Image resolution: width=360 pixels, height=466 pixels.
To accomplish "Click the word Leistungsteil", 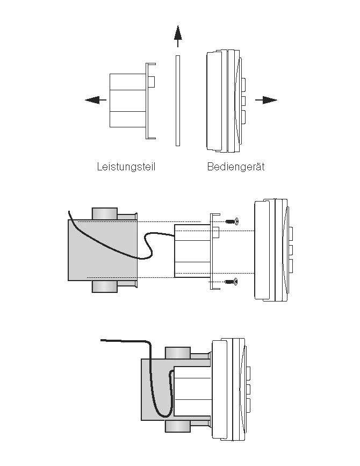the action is coord(126,167).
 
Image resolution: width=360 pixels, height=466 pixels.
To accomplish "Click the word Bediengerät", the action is coord(236,167).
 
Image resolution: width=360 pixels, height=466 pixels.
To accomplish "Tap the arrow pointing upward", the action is coord(178,36).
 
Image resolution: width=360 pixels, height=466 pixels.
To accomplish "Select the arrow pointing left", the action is coord(96,100).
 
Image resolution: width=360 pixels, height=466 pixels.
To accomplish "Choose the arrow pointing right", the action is coord(266,100).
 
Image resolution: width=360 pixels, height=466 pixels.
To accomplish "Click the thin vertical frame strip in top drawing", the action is coord(178,101).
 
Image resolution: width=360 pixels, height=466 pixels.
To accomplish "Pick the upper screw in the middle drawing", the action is coord(232,221).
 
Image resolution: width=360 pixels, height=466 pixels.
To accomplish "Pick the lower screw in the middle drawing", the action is coord(232,282).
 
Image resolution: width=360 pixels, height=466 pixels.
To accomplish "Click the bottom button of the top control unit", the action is coord(243,117).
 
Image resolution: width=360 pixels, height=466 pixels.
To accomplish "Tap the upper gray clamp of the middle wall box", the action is coord(105,214).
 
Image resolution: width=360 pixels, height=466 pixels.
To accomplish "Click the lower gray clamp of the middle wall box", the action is coord(105,286).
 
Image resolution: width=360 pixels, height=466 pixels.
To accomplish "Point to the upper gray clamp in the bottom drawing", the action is coord(178,353).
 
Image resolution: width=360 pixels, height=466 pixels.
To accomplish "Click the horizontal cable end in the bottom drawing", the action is coord(125,340).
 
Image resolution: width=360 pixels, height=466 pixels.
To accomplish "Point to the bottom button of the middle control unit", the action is coord(291,266).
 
